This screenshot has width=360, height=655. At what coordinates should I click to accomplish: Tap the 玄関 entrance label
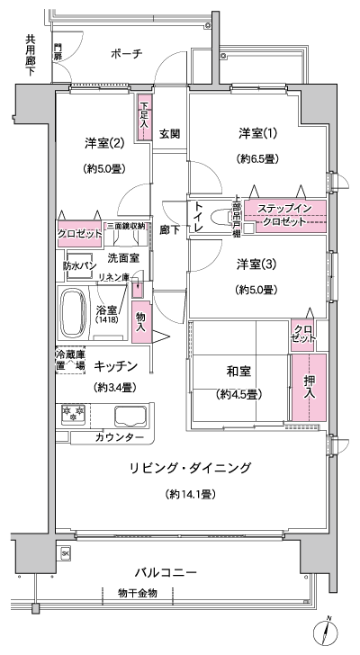click(x=169, y=133)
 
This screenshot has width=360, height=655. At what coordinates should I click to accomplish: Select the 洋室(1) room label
click(x=257, y=133)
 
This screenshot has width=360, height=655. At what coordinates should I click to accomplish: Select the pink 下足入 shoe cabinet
click(x=144, y=120)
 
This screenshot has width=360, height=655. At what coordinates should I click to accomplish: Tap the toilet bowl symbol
click(x=220, y=218)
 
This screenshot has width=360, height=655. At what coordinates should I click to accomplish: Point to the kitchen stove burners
click(x=72, y=417)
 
